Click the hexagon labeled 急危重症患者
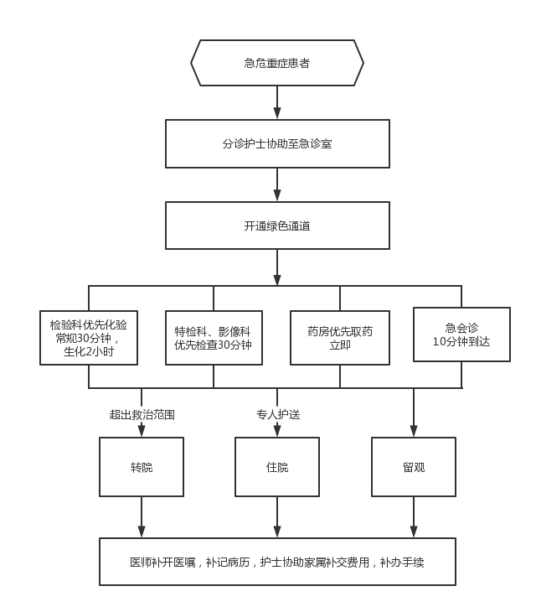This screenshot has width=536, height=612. pos(277,63)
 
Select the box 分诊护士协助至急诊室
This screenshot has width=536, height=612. pos(277,143)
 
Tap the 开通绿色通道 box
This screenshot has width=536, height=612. pos(277,226)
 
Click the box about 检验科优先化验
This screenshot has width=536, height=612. pos(89,338)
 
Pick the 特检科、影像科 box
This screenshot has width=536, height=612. pos(213,338)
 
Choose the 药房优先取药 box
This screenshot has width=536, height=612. pos(339,338)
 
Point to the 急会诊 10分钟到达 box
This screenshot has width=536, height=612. pos(461,335)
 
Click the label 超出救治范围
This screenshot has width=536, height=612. pos(142,413)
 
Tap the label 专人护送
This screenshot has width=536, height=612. pos(277,413)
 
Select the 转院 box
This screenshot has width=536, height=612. pos(142,467)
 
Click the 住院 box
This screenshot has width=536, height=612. pos(276,467)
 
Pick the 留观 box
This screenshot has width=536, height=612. pos(414,467)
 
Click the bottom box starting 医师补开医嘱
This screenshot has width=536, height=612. pos(277,562)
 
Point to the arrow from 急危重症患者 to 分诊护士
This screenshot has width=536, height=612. pos(277,102)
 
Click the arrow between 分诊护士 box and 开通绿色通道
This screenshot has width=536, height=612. pos(277,184)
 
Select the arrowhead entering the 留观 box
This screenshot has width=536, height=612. pos(414,431)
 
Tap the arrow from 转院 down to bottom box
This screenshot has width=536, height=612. pos(142,517)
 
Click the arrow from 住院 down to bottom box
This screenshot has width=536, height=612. pos(276,517)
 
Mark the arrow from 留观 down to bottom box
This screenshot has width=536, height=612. pos(414,517)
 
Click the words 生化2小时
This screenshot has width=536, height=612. pos(89,352)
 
